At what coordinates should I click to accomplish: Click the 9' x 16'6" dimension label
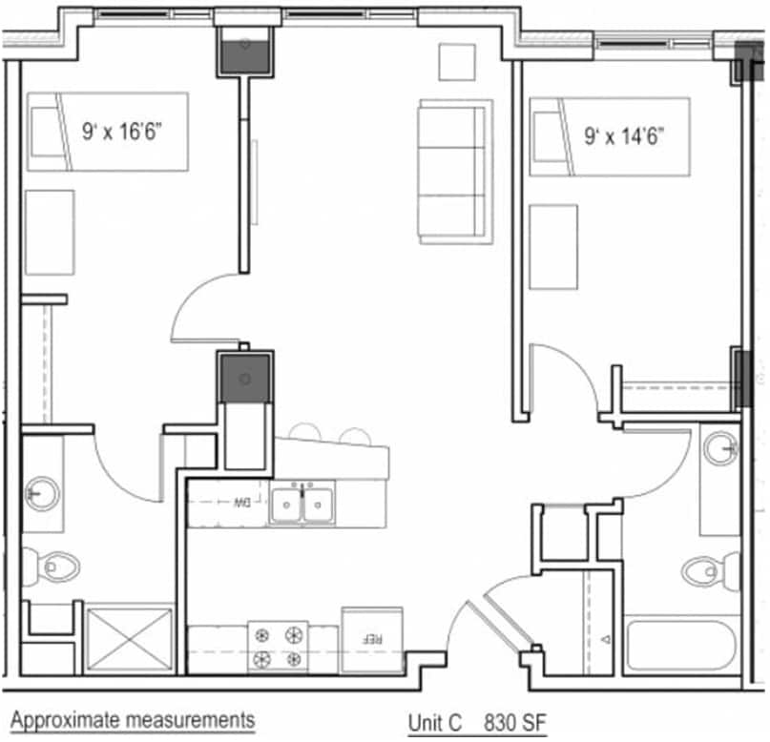point(120,133)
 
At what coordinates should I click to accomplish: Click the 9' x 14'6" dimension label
point(623,134)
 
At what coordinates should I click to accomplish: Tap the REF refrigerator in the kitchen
point(372,637)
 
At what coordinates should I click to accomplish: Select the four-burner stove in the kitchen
point(279,647)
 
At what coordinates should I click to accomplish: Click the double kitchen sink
point(302,504)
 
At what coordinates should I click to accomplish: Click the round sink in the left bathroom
point(42,493)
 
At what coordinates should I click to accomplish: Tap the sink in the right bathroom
point(720,445)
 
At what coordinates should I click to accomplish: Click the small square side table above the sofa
point(456,62)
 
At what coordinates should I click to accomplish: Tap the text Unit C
point(434,722)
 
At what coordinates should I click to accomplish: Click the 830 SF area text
point(514,722)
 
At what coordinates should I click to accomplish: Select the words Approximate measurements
point(133,718)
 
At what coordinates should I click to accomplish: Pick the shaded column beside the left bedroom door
point(245,378)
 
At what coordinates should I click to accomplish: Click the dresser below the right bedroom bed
point(553,246)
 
